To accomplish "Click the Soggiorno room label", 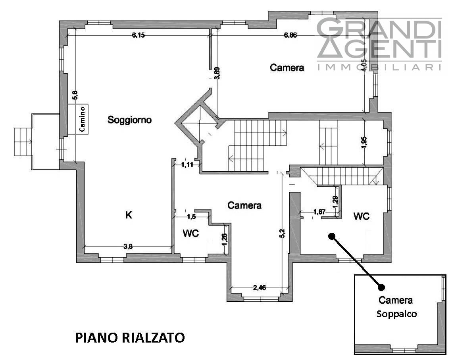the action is tap(129, 120).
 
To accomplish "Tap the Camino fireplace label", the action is tap(83, 119).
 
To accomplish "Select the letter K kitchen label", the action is tap(129, 215).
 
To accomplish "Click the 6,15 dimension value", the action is tap(138, 35).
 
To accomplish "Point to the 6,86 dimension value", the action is tap(290, 35).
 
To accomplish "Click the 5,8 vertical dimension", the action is tap(75, 96).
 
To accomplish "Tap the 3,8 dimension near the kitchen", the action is tap(128, 247).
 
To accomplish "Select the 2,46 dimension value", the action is tap(260, 288).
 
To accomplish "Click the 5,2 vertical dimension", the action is tap(283, 233).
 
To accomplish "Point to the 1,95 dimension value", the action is tap(364, 142).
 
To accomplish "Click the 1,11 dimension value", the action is tap(187, 165).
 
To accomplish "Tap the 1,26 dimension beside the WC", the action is tap(225, 239).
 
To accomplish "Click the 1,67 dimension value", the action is tap(319, 212).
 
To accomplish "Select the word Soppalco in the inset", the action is tap(396, 314).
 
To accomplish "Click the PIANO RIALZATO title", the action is tap(130, 338).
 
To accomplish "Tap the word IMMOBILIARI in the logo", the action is tap(379, 67).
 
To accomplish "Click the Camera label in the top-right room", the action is tap(287, 68).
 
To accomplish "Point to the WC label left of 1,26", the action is tap(191, 233).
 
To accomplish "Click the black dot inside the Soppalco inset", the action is tap(381, 287).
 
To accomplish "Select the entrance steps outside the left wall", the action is tap(23, 142).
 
